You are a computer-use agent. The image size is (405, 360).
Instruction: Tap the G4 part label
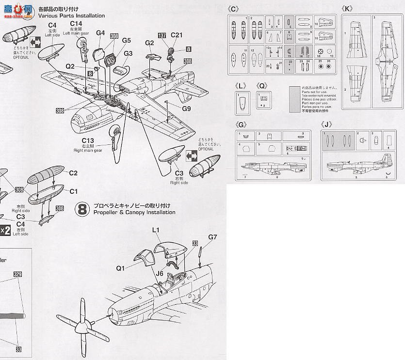pos(100,32)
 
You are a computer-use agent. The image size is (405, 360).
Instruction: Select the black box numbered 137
pos(162,35)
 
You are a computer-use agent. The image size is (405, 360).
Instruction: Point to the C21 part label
pos(177,35)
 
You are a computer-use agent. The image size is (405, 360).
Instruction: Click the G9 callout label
pos(187,109)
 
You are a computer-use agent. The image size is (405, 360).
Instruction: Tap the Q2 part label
pos(70,66)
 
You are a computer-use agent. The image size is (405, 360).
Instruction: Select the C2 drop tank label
pos(73,173)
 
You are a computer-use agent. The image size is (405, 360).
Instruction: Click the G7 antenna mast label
pos(213,237)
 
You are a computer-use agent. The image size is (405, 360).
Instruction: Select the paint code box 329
pos(18,275)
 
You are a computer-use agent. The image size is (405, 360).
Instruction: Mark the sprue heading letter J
pos(329,125)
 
